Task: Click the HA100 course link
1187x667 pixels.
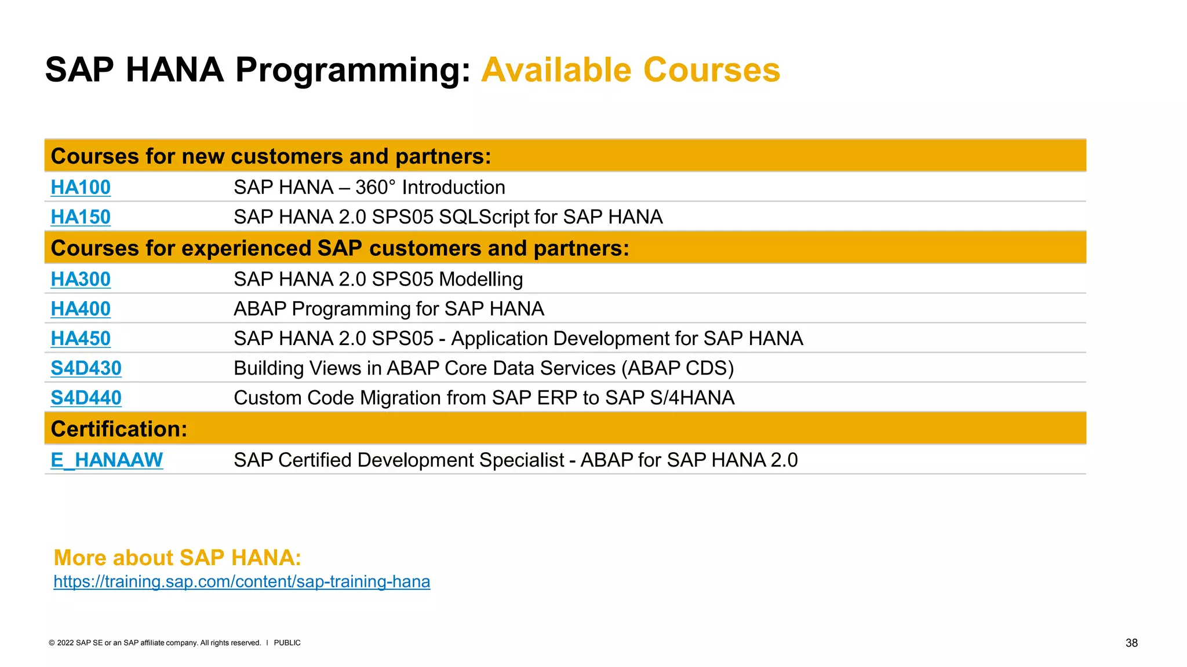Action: tap(81, 188)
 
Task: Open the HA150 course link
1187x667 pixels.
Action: tap(81, 217)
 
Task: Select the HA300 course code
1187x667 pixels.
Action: tap(81, 279)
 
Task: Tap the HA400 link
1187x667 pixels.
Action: tap(81, 309)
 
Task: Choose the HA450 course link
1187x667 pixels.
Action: tap(81, 339)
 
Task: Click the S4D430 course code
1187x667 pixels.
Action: tap(86, 368)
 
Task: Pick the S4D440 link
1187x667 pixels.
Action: tap(86, 398)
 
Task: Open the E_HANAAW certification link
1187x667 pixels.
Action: tap(107, 460)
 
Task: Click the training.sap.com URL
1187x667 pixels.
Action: tap(242, 581)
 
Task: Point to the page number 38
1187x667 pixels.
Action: tap(1131, 643)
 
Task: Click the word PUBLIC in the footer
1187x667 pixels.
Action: tap(287, 643)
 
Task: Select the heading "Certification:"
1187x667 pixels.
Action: tap(119, 429)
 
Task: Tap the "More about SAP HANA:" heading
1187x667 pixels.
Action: tap(177, 558)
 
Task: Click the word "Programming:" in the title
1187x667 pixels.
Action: tap(352, 70)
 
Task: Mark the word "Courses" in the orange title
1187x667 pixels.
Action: tap(711, 70)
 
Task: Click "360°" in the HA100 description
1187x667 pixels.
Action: tap(375, 188)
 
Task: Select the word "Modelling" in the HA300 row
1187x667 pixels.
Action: tap(480, 280)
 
